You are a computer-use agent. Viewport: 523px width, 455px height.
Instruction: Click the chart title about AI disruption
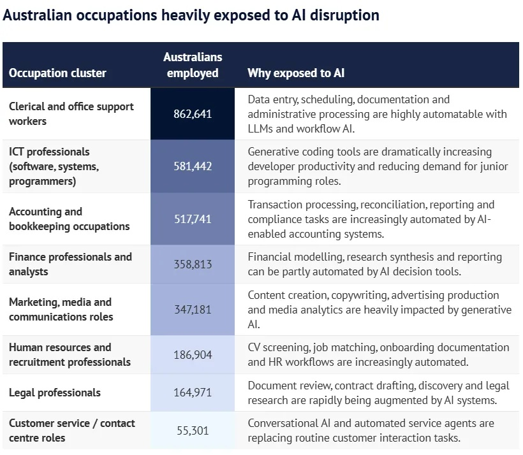pos(191,15)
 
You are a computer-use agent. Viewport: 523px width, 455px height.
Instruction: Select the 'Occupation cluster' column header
pos(57,73)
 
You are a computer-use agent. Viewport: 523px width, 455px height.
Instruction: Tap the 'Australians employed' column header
pos(193,65)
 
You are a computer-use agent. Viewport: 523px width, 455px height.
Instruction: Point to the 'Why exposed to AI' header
pos(296,73)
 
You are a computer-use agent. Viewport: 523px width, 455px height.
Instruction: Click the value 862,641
pos(193,114)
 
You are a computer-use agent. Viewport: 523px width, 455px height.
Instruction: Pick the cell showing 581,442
pos(193,166)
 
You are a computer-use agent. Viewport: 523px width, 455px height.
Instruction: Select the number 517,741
pos(193,219)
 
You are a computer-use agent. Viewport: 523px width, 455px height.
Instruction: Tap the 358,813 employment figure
pos(193,264)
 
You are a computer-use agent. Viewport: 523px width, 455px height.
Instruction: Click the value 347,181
pos(193,309)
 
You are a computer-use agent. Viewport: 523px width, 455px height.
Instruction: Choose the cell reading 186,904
pos(193,354)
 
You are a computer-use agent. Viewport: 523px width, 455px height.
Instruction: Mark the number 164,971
pos(193,392)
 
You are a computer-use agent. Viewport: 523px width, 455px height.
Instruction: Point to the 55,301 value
pos(193,430)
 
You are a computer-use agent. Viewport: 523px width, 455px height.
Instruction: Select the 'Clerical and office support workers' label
pos(71,113)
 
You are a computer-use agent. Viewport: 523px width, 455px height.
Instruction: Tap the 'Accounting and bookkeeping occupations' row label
pos(69,219)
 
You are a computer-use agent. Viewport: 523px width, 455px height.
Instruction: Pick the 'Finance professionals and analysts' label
pos(70,264)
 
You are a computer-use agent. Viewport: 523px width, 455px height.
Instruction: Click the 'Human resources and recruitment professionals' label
pos(70,354)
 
